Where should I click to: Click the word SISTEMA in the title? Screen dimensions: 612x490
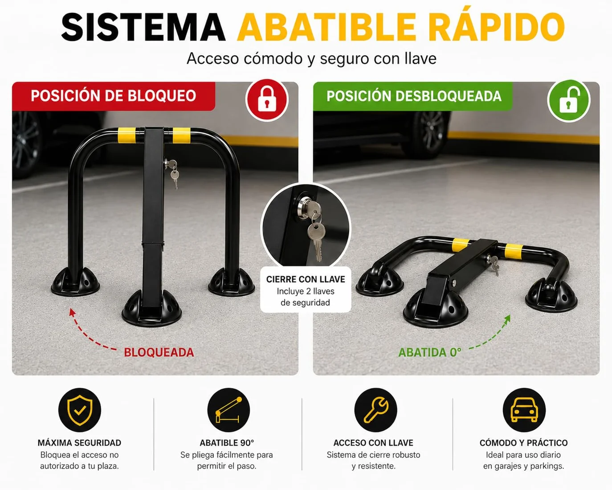pos(143,27)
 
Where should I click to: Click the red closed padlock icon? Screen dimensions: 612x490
pos(267,100)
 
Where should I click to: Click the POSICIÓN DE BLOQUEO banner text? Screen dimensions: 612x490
pos(114,96)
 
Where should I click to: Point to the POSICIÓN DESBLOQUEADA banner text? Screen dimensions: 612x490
pos(414,96)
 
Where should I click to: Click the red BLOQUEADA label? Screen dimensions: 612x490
pos(159,352)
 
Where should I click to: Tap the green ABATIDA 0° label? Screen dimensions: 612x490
pos(429,352)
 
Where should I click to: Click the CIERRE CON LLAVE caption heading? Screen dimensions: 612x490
pos(306,279)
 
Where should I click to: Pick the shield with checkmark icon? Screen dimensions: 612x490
pos(80,410)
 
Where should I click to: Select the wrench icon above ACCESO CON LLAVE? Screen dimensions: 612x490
pos(376,410)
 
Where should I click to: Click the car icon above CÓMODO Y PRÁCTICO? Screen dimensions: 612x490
pos(524,410)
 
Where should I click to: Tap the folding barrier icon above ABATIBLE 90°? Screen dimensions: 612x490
pos(228,410)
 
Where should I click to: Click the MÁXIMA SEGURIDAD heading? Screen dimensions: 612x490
pos(79,443)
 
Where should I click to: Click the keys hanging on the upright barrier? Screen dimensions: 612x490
pos(173,174)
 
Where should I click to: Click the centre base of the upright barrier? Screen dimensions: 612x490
pos(151,309)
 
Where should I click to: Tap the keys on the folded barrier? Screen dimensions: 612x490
pos(494,265)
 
